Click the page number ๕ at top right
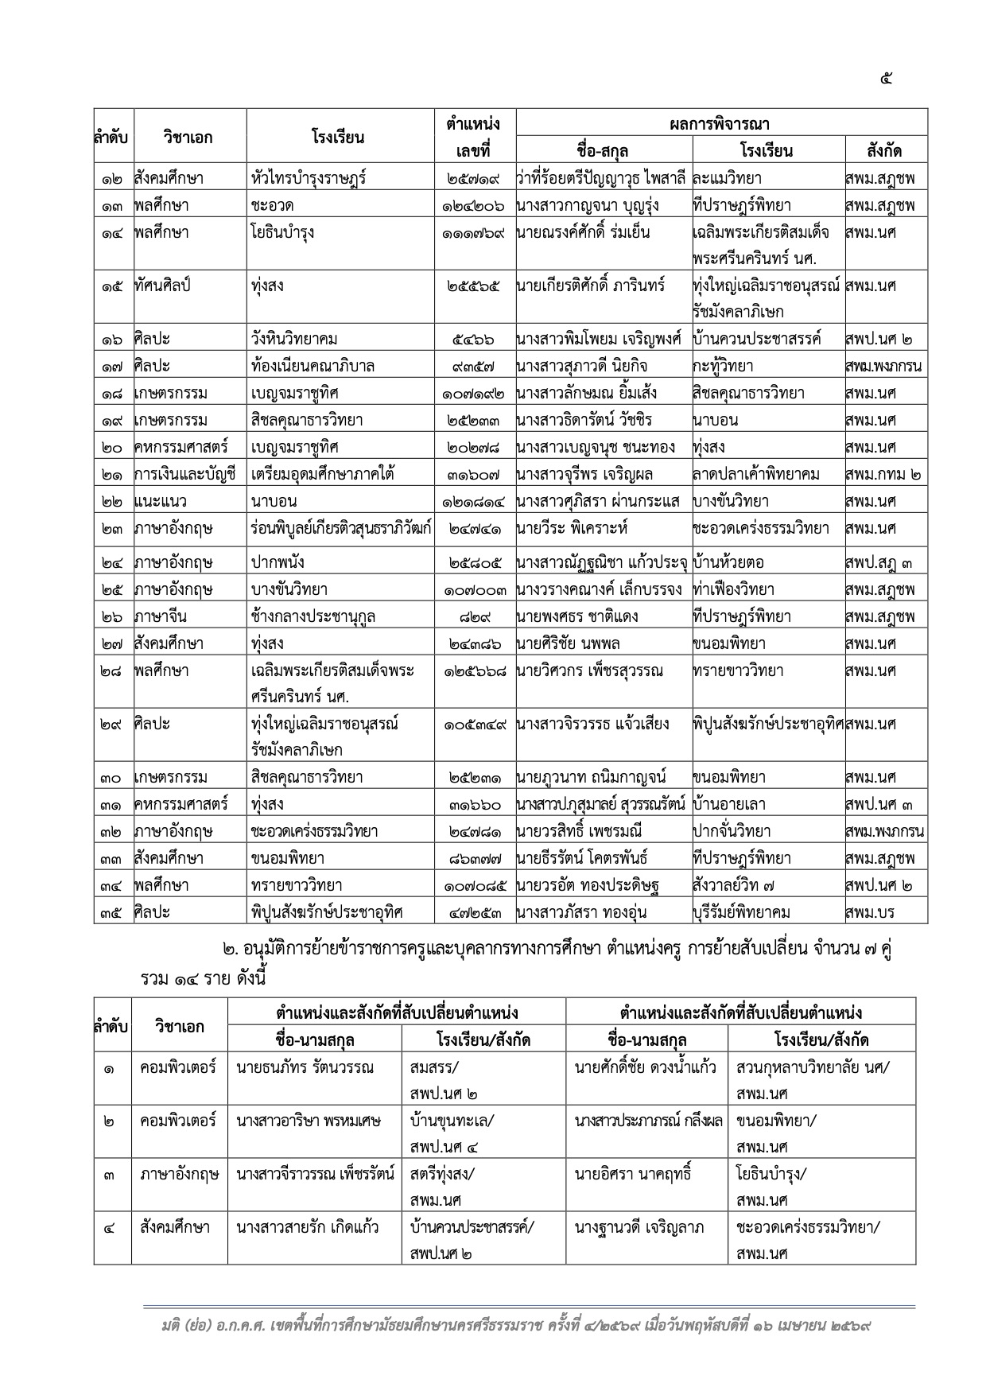coord(887,78)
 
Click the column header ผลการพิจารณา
coord(721,124)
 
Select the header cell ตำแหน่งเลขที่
coord(474,137)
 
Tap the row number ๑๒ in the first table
coord(112,179)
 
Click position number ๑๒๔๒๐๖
coord(474,206)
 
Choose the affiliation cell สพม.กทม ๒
coord(883,475)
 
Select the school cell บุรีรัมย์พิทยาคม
coord(742,912)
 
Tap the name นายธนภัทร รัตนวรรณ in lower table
coord(305,1067)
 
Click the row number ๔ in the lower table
coord(110,1227)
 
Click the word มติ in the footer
coord(169,1326)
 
